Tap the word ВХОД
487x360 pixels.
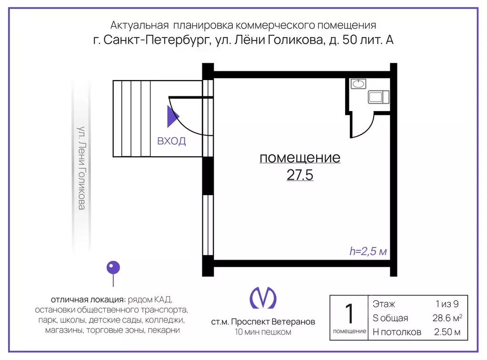tap(171, 141)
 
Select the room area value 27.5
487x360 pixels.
tap(299, 175)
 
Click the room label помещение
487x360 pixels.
tap(300, 158)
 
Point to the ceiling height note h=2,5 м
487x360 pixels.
tap(368, 251)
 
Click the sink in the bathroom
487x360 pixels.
tap(358, 84)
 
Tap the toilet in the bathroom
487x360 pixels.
tap(378, 97)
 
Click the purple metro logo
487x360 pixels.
tap(263, 297)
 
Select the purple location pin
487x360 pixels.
tap(113, 268)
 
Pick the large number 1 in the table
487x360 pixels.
tap(349, 314)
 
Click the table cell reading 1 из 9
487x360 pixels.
tap(446, 304)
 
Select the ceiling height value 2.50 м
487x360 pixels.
tap(447, 332)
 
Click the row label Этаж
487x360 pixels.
tap(384, 304)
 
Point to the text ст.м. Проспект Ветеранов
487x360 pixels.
tap(263, 322)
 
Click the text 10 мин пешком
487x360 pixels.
tap(263, 332)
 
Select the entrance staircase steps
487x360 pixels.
tap(133, 119)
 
